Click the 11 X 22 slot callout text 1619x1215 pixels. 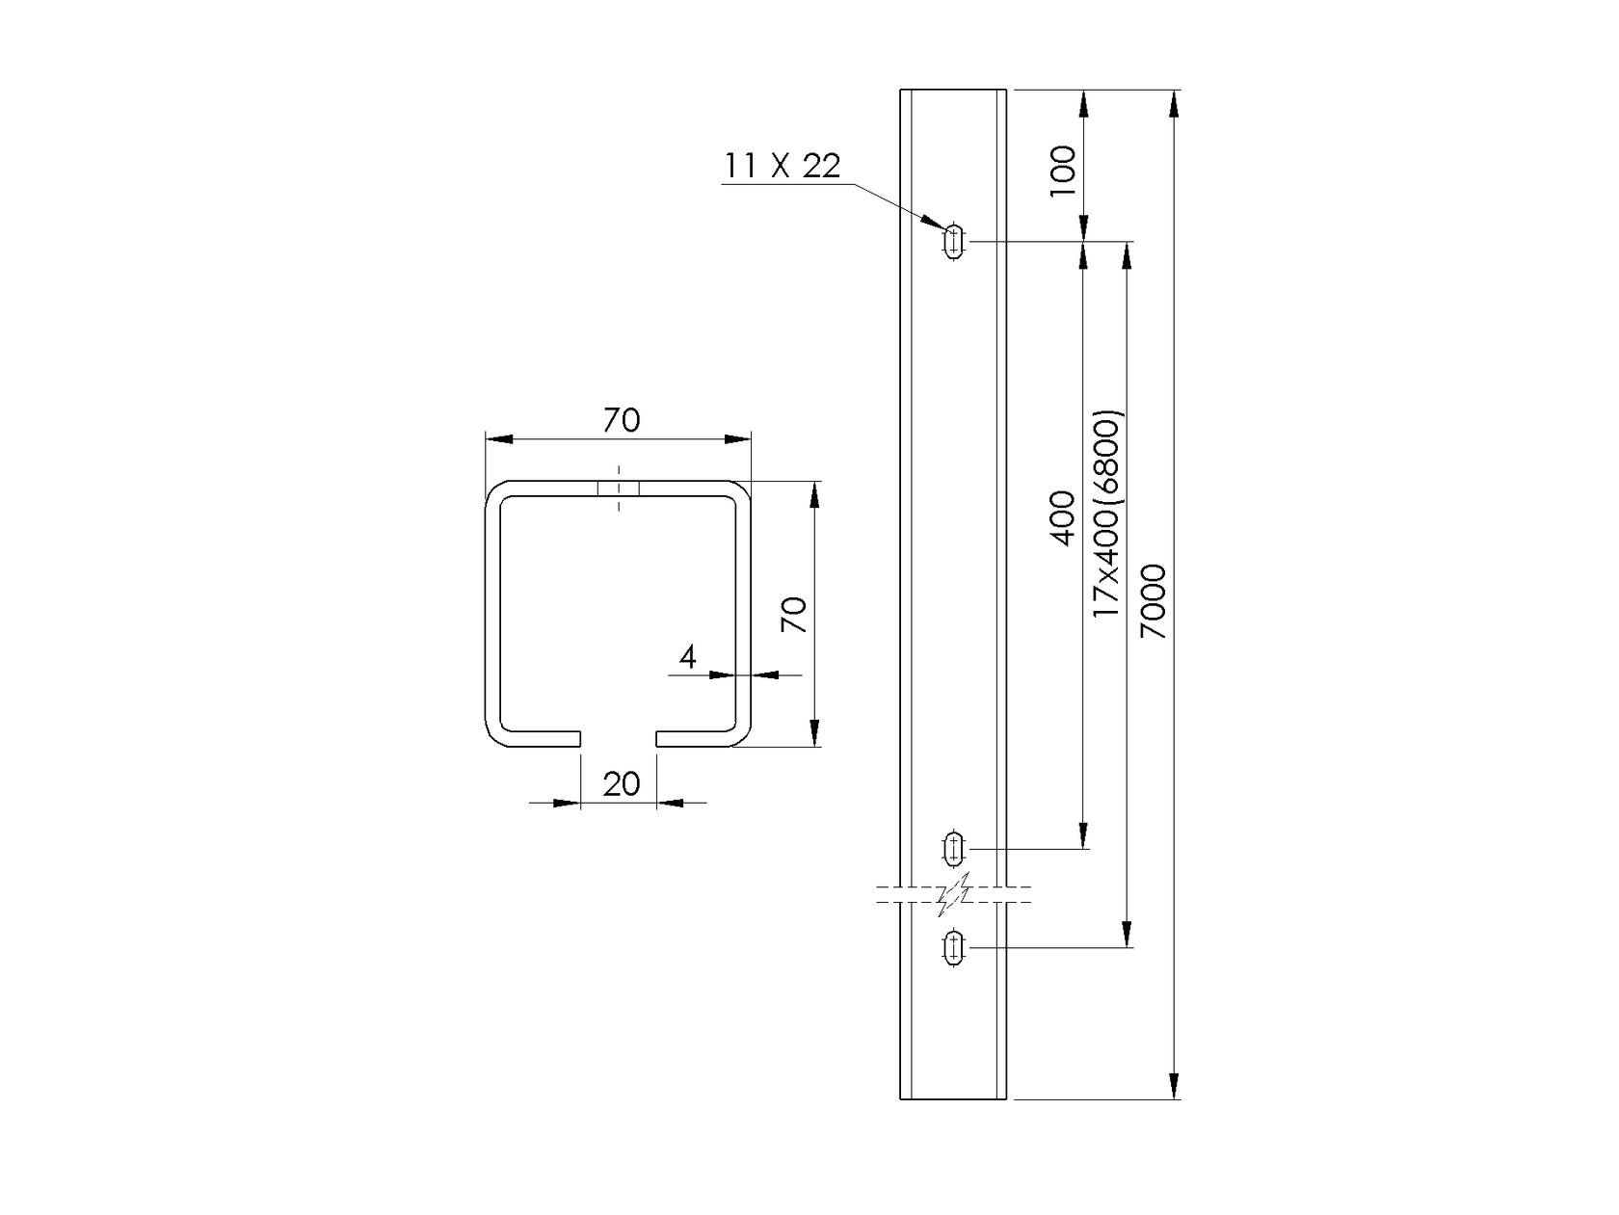pos(782,167)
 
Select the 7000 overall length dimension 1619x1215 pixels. pos(1155,601)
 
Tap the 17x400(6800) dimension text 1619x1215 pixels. pos(1106,515)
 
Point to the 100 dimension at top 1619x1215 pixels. pos(1063,171)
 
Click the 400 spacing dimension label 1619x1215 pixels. pos(1063,518)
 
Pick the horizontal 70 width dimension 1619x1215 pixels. pos(622,421)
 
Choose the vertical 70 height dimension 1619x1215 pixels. pos(793,614)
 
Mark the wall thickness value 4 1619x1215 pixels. pos(687,657)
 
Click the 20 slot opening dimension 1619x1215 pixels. pos(621,783)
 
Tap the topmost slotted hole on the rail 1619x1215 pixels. pos(954,241)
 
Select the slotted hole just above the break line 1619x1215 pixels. pos(954,849)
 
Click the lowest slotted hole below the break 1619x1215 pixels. pos(954,947)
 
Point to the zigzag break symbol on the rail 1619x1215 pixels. pos(953,894)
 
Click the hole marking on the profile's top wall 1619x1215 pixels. pos(619,489)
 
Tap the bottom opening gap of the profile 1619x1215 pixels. pos(619,739)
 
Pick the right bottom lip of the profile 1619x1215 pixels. pos(696,739)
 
